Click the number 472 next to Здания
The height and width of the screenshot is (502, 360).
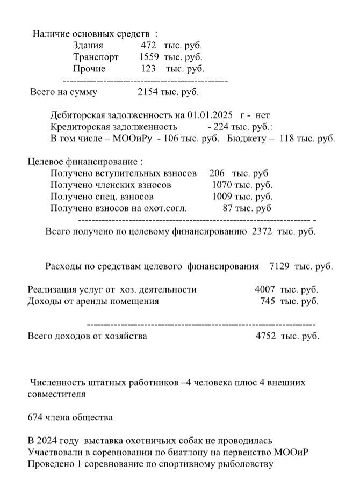click(x=148, y=45)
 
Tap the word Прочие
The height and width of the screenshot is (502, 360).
click(x=89, y=69)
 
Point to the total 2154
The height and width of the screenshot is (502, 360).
click(x=148, y=92)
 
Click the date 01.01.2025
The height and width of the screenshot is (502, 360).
click(x=210, y=115)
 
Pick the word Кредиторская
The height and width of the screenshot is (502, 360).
click(x=79, y=127)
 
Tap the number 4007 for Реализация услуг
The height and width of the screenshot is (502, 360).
click(x=265, y=289)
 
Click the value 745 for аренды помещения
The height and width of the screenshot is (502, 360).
click(x=268, y=301)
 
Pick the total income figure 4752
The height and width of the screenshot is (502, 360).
click(x=265, y=336)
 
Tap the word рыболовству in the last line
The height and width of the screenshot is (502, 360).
click(x=248, y=464)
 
